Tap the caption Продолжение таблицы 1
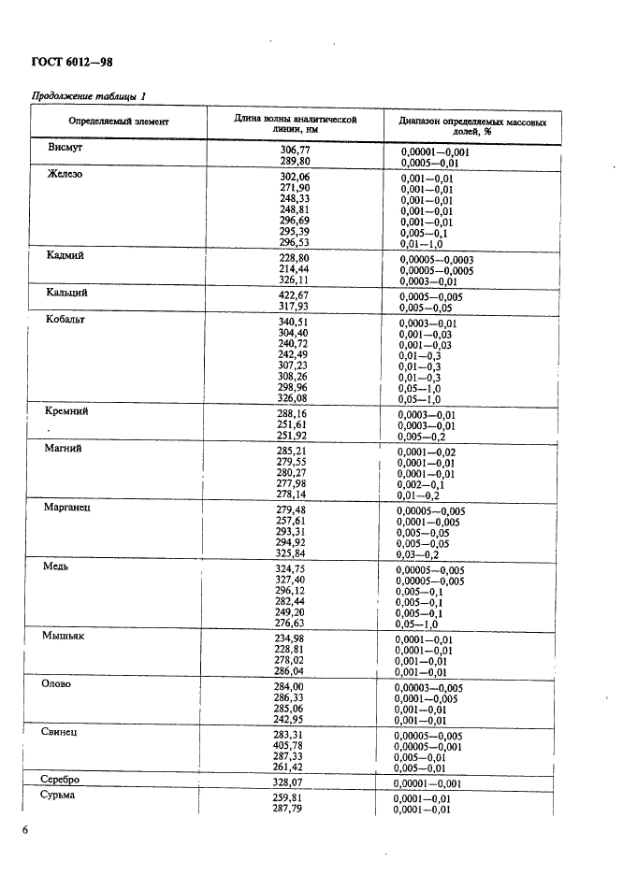click(x=90, y=95)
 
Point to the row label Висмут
click(x=66, y=147)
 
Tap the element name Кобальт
click(x=65, y=319)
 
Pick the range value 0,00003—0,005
click(x=429, y=687)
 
